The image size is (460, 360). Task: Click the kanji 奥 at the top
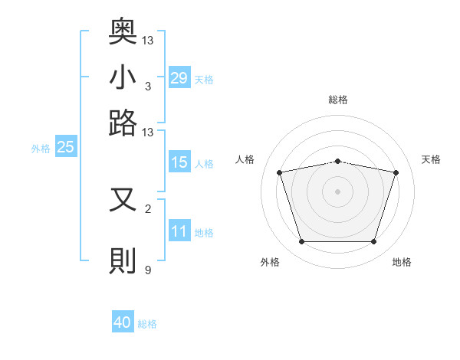123,32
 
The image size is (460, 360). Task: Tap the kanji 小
123,77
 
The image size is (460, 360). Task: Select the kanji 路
123,123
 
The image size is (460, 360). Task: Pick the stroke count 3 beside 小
148,87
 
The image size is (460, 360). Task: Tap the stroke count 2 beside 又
148,208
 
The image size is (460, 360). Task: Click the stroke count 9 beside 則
148,270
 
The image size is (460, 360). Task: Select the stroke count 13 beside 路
148,133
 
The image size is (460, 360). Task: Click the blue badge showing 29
179,78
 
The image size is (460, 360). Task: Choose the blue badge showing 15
179,162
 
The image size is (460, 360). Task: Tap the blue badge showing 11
179,231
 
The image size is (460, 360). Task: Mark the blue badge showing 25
65,148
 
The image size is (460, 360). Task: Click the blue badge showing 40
123,322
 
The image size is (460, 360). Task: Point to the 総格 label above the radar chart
338,100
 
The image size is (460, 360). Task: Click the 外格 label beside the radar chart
270,262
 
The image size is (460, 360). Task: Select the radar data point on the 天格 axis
396,172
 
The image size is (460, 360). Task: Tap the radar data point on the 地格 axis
373,242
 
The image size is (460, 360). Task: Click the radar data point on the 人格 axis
280,172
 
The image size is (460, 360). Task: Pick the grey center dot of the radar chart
338,191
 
